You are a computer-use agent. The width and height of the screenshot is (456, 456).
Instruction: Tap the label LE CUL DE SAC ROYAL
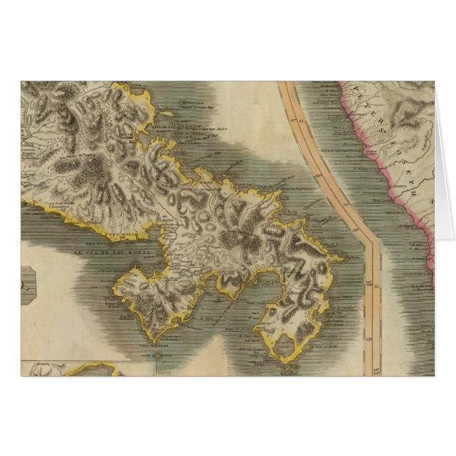click(100, 252)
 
